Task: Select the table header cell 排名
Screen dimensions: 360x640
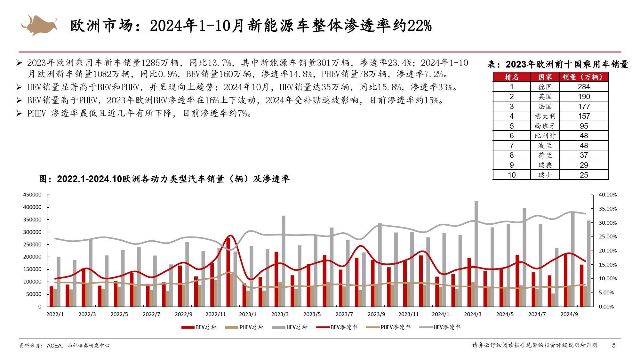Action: tap(511, 77)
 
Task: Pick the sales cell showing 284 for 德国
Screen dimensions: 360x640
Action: tap(584, 87)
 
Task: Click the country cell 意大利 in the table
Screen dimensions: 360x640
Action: tap(545, 116)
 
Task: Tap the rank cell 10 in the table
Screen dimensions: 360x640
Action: tap(511, 175)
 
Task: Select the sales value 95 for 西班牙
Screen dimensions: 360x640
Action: tap(584, 126)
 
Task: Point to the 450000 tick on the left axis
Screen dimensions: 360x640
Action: tap(32, 195)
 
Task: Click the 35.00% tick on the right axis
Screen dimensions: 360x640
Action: tap(608, 209)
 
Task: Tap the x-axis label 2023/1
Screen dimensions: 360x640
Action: tap(248, 314)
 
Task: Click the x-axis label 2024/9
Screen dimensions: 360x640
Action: tap(569, 314)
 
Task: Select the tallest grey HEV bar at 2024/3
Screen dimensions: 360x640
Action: tap(476, 253)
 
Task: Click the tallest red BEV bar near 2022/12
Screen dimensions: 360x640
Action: tap(228, 272)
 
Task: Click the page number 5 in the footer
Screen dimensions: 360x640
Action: tap(614, 345)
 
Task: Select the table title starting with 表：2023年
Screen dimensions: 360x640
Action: tap(558, 64)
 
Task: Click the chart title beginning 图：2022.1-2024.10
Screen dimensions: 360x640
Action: tap(164, 179)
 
